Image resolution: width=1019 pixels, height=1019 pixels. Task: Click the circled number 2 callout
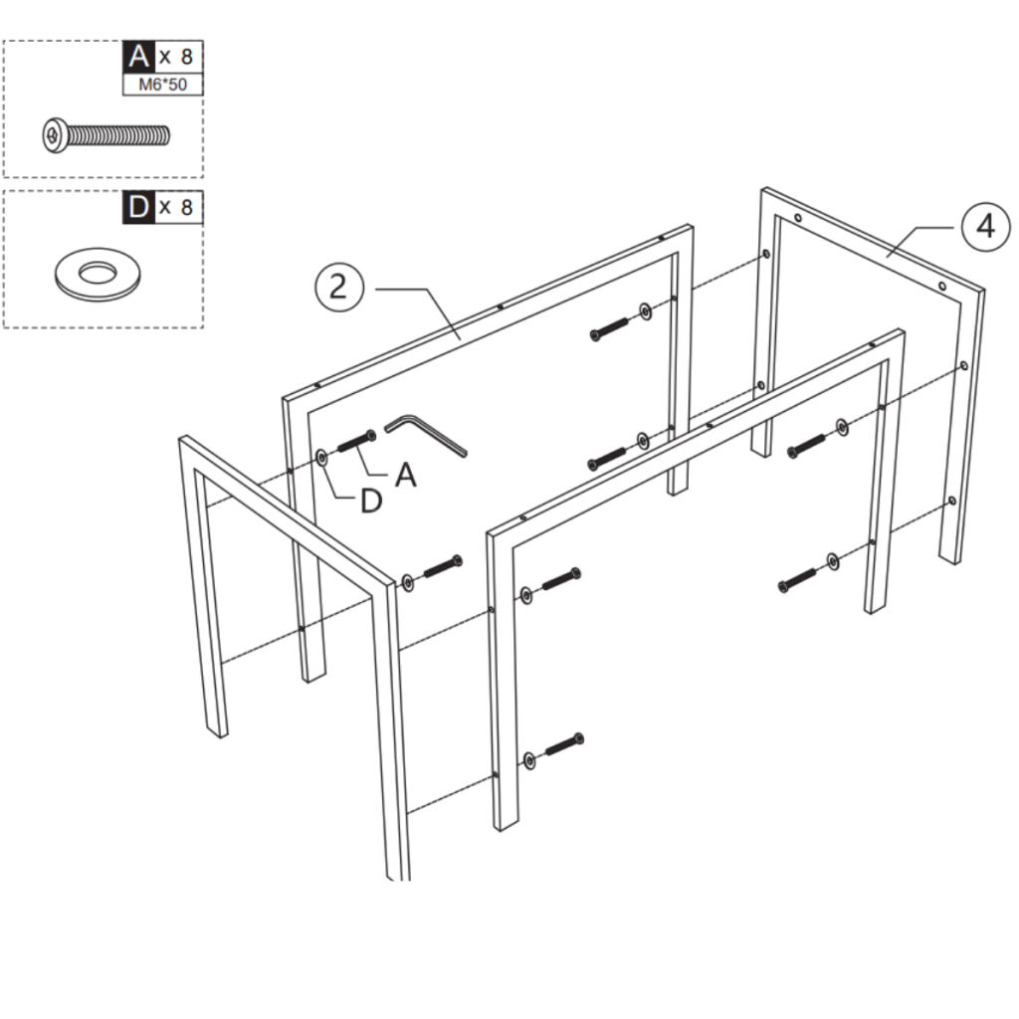339,287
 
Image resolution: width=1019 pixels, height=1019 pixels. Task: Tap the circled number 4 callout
986,226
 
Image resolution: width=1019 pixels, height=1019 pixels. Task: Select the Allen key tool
426,436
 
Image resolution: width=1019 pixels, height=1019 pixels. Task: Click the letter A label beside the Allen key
406,475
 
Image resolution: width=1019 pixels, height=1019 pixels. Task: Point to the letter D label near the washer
371,501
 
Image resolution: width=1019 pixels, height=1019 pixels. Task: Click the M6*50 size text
162,85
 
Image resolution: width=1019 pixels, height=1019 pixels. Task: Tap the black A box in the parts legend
138,57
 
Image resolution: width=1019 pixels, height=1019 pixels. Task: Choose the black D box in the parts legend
138,207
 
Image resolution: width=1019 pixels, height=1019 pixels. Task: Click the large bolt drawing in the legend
105,135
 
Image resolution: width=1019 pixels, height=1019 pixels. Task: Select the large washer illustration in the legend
98,274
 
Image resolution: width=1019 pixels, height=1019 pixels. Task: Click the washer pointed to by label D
321,458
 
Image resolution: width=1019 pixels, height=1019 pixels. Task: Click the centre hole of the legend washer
98,273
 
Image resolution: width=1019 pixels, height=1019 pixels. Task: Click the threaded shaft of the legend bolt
118,135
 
